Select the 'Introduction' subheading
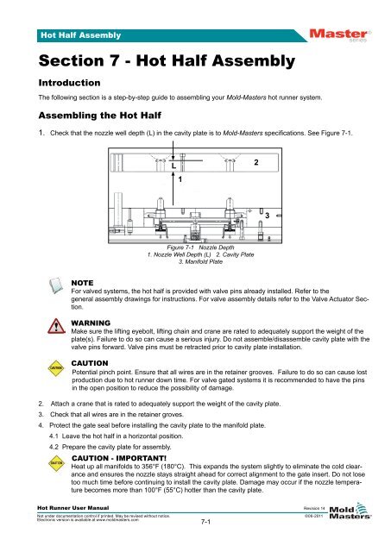point(60,85)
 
